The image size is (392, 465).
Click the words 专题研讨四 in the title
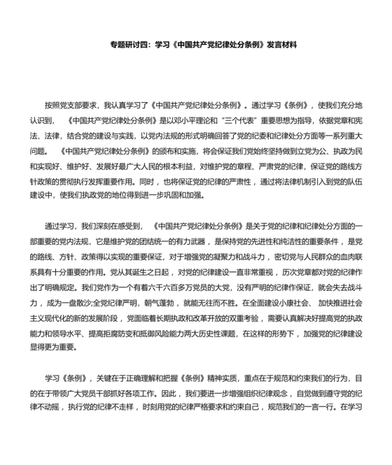129,45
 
